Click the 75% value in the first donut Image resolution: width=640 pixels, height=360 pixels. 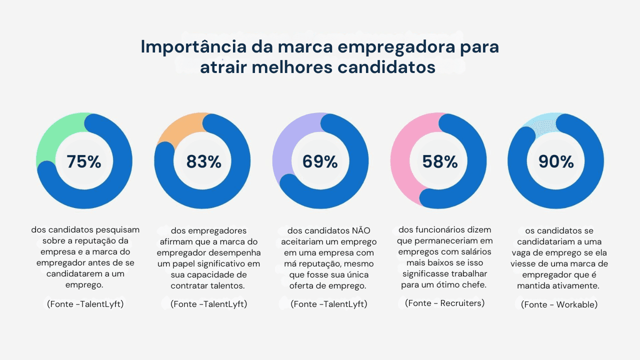84,161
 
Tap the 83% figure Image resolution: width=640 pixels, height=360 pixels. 203,161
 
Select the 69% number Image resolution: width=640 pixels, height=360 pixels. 320,161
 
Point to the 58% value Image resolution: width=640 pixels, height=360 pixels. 440,161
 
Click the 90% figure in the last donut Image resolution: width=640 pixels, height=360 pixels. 556,161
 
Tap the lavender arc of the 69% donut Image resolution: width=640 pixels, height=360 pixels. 285,145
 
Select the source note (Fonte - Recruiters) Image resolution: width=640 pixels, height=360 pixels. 444,303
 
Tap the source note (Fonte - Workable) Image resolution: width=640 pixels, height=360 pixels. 559,304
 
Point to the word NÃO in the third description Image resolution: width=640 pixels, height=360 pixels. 361,230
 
